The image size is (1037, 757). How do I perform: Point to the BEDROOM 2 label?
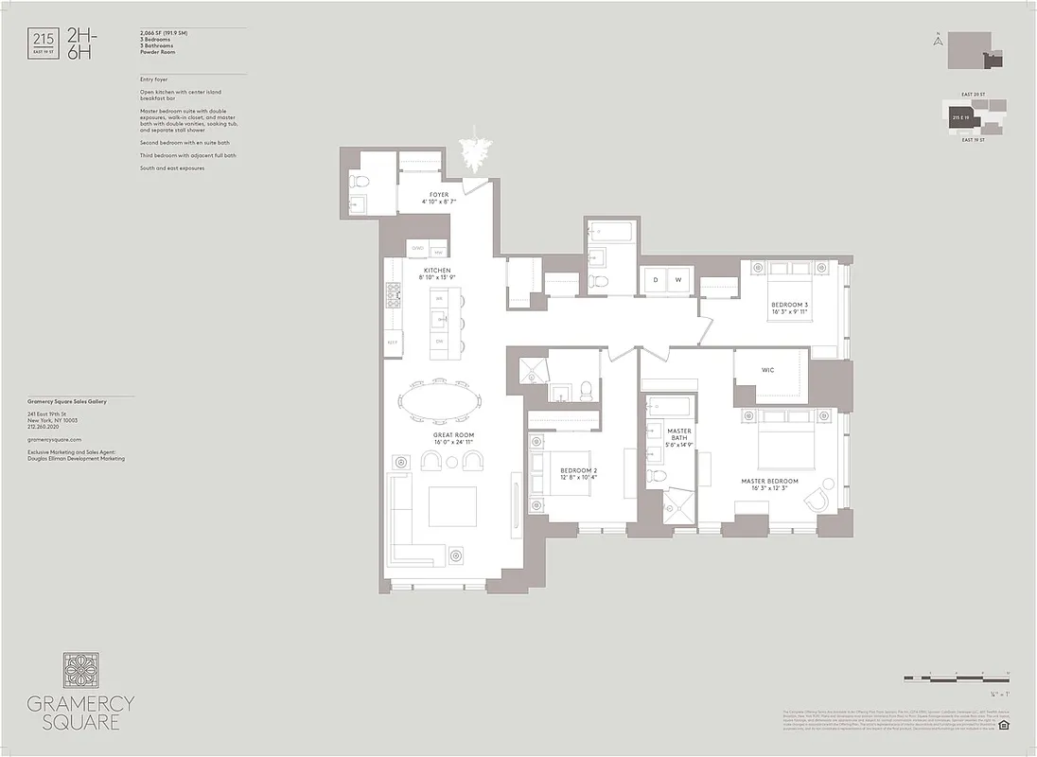point(578,470)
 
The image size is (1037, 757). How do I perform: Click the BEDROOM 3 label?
point(789,305)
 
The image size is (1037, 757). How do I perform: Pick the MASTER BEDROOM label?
point(769,481)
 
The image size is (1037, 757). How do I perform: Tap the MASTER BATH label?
point(678,431)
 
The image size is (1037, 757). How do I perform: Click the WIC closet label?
point(767,370)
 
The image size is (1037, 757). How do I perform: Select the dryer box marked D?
point(655,280)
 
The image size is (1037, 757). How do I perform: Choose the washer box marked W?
point(678,280)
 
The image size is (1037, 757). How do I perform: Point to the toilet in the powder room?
point(360,182)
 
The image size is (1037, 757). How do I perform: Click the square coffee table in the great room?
point(452,506)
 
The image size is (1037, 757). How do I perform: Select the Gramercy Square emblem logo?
point(80,670)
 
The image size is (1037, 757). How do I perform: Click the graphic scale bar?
point(957,678)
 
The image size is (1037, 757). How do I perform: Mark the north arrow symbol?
point(937,41)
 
